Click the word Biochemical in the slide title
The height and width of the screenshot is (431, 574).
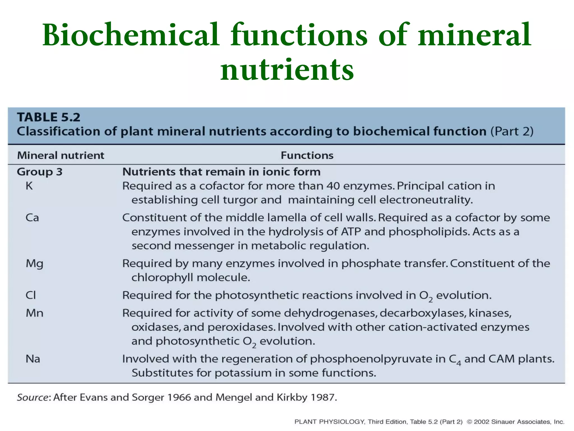[x=131, y=35]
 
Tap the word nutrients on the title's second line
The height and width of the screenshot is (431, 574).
[x=287, y=69]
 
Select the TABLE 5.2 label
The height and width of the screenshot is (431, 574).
[x=49, y=117]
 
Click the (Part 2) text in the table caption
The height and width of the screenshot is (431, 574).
[x=512, y=131]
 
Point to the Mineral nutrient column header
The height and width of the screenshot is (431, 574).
[x=61, y=155]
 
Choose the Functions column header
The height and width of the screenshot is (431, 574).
[x=307, y=155]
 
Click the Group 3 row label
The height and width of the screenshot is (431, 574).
[x=40, y=172]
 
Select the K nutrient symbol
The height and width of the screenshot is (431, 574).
[x=29, y=186]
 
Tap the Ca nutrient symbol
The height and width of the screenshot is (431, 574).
[x=32, y=218]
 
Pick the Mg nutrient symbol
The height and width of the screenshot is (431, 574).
[x=34, y=264]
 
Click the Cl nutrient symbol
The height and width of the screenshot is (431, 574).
[x=31, y=295]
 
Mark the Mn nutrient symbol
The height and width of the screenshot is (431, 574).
[x=34, y=313]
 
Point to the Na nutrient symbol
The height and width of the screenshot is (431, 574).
[x=33, y=359]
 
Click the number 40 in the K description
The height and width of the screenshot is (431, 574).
[x=333, y=186]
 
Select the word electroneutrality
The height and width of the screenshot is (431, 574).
[x=426, y=200]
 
